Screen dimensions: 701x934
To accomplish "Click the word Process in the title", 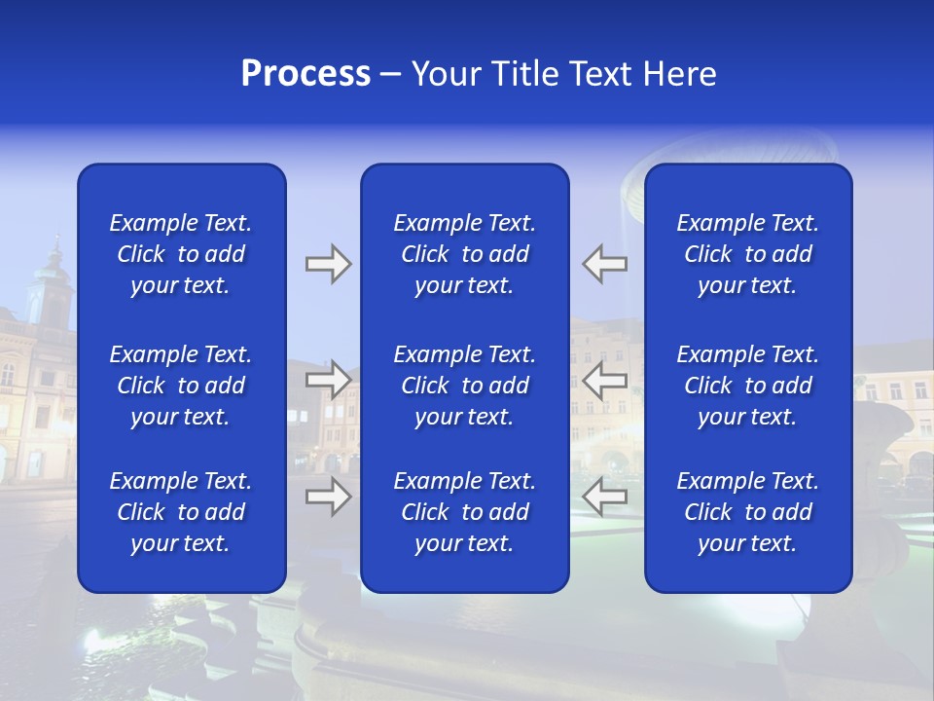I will pyautogui.click(x=305, y=74).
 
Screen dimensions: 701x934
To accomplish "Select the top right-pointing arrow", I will pyautogui.click(x=328, y=264).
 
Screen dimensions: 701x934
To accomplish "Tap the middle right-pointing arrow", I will pyautogui.click(x=328, y=380).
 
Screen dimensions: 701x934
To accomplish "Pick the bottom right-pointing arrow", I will pyautogui.click(x=328, y=497).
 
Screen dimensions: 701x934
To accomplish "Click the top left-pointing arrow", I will pyautogui.click(x=605, y=264).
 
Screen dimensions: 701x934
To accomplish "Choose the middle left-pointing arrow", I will pyautogui.click(x=605, y=380).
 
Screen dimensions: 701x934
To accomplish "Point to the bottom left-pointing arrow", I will pyautogui.click(x=605, y=497).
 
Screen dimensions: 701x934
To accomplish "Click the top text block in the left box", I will pyautogui.click(x=181, y=254).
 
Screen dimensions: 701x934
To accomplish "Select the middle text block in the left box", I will pyautogui.click(x=181, y=386).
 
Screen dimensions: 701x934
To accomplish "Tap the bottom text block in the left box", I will pyautogui.click(x=181, y=512).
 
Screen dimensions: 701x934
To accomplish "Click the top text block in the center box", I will pyautogui.click(x=465, y=254).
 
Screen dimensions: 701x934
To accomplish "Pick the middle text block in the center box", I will pyautogui.click(x=465, y=386).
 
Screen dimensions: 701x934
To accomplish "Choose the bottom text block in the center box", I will pyautogui.click(x=465, y=512).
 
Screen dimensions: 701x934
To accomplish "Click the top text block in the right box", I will pyautogui.click(x=748, y=254).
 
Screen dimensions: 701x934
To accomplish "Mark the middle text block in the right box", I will pyautogui.click(x=748, y=386).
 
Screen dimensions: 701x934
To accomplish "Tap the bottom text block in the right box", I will pyautogui.click(x=748, y=512).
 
